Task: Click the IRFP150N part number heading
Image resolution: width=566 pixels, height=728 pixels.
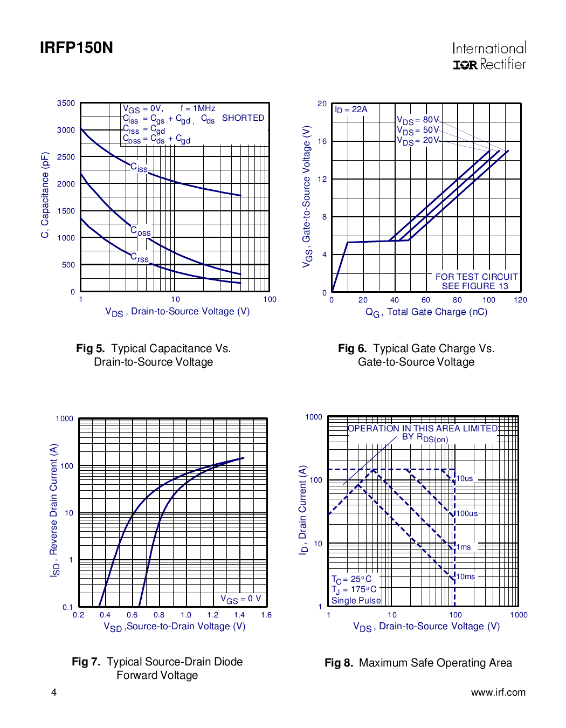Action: (x=77, y=48)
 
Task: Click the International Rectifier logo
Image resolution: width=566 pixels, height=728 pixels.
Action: (x=489, y=57)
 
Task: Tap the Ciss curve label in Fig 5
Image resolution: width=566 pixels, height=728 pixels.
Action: (x=139, y=168)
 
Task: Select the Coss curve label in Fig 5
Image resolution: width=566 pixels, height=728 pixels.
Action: (x=141, y=231)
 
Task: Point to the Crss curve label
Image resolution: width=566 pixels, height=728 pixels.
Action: (x=140, y=258)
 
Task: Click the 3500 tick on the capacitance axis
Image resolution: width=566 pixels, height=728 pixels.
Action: (x=66, y=103)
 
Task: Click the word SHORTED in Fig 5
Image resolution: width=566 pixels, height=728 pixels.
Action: (x=243, y=118)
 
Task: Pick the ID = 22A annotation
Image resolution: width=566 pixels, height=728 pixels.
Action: (x=351, y=109)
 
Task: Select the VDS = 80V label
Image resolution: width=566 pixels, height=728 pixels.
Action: (x=418, y=120)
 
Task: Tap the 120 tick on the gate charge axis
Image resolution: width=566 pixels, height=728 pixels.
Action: (x=520, y=300)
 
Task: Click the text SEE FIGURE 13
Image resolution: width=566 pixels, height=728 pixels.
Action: (x=475, y=286)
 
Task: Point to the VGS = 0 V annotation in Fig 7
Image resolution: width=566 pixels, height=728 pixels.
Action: (x=240, y=599)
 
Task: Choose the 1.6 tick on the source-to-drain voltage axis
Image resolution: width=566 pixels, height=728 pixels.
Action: (x=266, y=615)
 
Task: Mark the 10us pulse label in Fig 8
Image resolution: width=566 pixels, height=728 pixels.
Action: (x=465, y=479)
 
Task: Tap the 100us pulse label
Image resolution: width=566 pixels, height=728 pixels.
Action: (x=467, y=513)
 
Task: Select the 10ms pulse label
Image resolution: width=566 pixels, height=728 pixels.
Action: (x=466, y=576)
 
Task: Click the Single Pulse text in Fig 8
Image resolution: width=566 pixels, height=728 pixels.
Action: (x=356, y=601)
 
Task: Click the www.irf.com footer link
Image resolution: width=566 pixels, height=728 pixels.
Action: (x=498, y=692)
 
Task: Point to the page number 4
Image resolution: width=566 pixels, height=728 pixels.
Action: (x=54, y=692)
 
